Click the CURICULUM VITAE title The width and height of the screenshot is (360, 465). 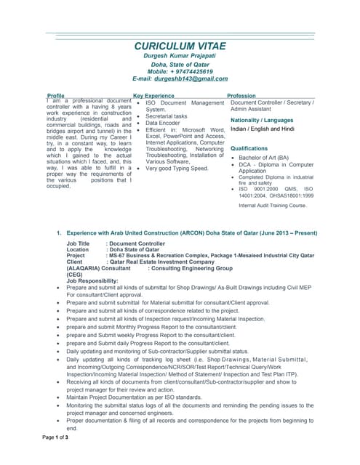coord(180,46)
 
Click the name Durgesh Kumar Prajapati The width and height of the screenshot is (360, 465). coord(180,56)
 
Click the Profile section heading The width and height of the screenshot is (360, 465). coord(55,96)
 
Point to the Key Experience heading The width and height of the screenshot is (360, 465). coord(153,96)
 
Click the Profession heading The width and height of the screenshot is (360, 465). coord(241,96)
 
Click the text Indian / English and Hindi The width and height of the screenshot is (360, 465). coord(263,129)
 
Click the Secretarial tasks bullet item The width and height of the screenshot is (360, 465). coord(167,116)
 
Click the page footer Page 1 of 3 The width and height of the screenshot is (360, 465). coord(56,437)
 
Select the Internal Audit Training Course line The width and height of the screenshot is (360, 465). coord(273,206)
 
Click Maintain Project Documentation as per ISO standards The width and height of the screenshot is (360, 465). coord(135,397)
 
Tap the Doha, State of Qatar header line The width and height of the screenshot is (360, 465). coord(180,64)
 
